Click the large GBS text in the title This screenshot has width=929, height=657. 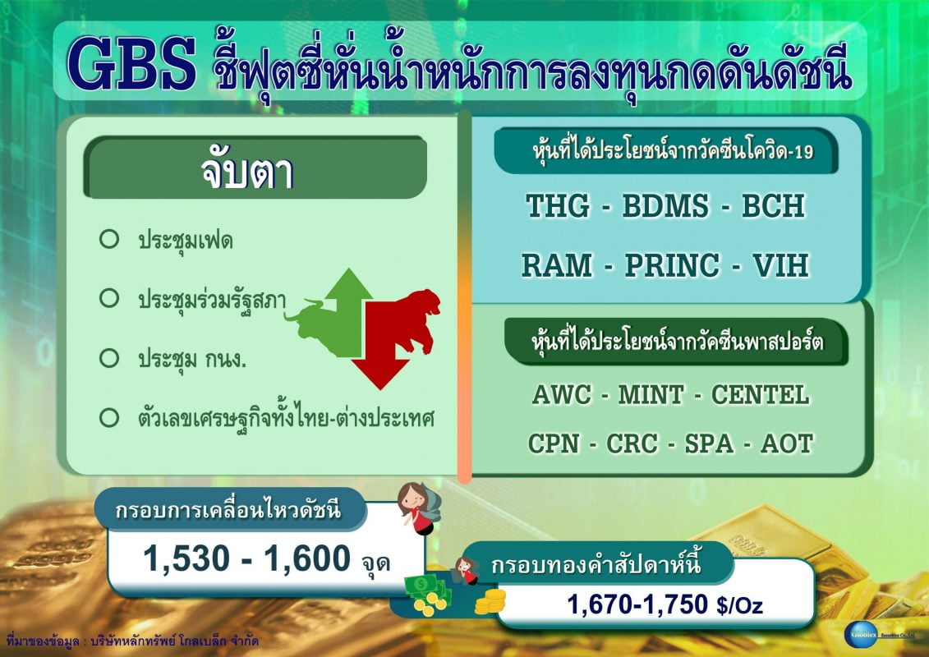tap(131, 64)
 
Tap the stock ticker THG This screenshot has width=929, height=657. tap(558, 205)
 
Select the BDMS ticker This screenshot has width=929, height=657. tap(665, 205)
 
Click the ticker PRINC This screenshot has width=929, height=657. tap(673, 265)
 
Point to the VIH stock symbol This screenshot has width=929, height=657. tap(780, 265)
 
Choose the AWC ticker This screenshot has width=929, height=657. tap(562, 394)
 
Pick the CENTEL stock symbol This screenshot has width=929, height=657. tap(760, 394)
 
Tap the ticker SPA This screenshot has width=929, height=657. tap(709, 443)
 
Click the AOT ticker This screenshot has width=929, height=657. tap(787, 443)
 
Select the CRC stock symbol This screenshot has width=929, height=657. tap(632, 443)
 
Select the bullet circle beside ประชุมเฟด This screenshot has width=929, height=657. tap(109, 239)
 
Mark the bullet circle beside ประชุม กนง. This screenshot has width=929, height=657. tap(109, 358)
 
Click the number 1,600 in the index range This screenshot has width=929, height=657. tap(307, 558)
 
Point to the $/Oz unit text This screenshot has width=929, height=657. tap(739, 605)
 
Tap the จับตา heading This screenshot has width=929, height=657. tap(247, 172)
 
